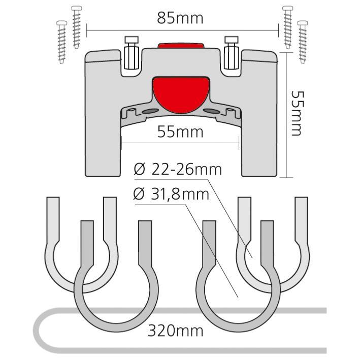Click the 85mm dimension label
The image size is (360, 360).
(180, 18)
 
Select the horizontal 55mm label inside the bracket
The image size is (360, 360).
(180, 132)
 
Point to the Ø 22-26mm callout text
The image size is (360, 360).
(178, 170)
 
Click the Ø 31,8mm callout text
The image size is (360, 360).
(171, 194)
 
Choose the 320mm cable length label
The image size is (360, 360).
(176, 331)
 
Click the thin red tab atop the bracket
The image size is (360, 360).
(181, 45)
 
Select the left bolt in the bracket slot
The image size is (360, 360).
(132, 53)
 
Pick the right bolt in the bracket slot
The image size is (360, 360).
(232, 53)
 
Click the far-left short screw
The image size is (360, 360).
(61, 42)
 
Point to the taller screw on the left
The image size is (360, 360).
(77, 27)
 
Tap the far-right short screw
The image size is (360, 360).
(303, 42)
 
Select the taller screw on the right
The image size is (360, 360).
(288, 27)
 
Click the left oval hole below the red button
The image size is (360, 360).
(150, 111)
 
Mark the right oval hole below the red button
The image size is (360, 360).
(211, 111)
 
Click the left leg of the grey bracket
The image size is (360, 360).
(103, 119)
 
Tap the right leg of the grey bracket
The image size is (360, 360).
(259, 119)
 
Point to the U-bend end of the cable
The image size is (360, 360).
(37, 331)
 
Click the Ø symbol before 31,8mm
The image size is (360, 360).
(139, 194)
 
